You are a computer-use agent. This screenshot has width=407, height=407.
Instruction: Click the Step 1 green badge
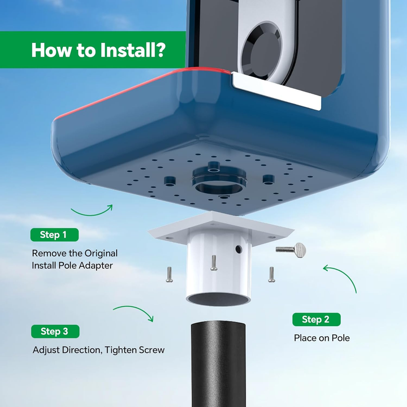coord(54,235)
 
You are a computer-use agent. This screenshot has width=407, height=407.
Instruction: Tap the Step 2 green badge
coord(317,319)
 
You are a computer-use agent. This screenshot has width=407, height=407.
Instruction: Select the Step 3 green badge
coord(55,331)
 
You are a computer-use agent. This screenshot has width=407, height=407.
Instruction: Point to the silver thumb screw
coord(291,250)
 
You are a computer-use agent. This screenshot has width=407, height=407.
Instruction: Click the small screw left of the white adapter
coord(169,274)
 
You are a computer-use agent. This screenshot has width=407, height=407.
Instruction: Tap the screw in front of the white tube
coord(213,263)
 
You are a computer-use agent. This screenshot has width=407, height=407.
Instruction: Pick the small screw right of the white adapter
coord(271,274)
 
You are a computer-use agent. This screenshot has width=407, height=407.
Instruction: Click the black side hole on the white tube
coord(239,249)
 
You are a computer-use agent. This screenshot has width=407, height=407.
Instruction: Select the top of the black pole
coord(218,325)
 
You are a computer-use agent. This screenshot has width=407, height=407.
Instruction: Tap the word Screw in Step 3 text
coord(151,350)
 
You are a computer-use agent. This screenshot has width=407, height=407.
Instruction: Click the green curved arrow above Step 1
coord(92,213)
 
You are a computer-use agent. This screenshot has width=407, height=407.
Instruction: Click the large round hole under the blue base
coord(219,187)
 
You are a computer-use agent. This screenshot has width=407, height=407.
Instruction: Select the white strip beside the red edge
coord(276,89)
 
